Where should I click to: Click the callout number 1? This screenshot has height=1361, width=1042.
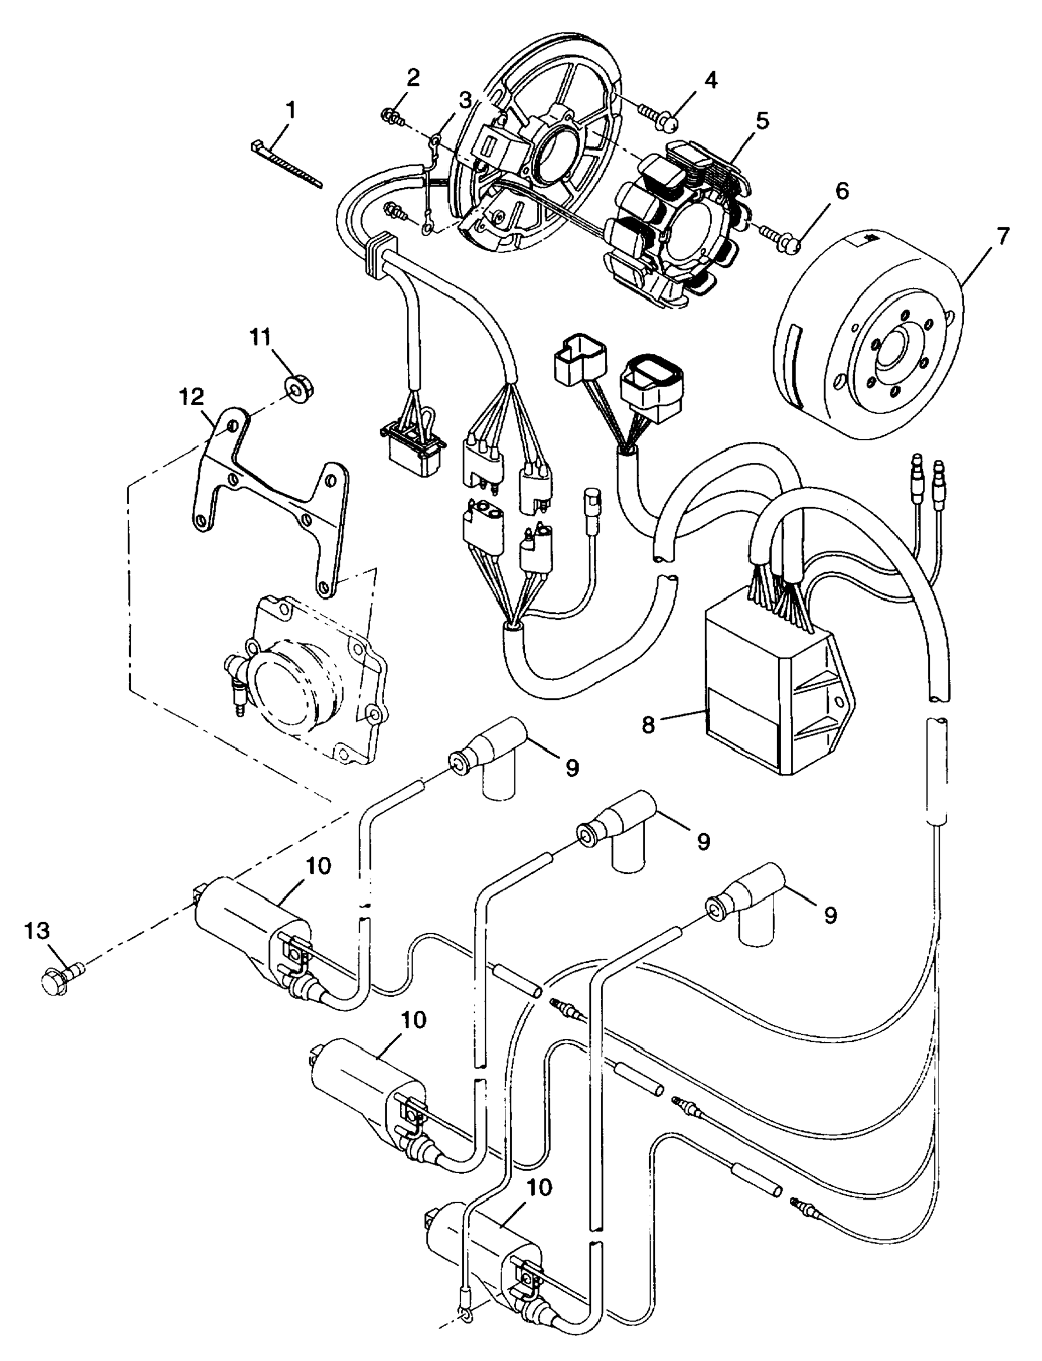pos(289,112)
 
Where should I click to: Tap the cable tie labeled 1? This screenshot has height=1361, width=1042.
pos(287,164)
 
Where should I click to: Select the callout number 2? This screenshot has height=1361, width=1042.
pos(413,78)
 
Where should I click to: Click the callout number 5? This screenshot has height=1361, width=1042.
pos(761,120)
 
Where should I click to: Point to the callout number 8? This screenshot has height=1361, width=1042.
pos(648,724)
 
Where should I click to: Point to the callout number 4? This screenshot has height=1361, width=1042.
pos(711,80)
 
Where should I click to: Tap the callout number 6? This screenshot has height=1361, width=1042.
pos(841,191)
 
